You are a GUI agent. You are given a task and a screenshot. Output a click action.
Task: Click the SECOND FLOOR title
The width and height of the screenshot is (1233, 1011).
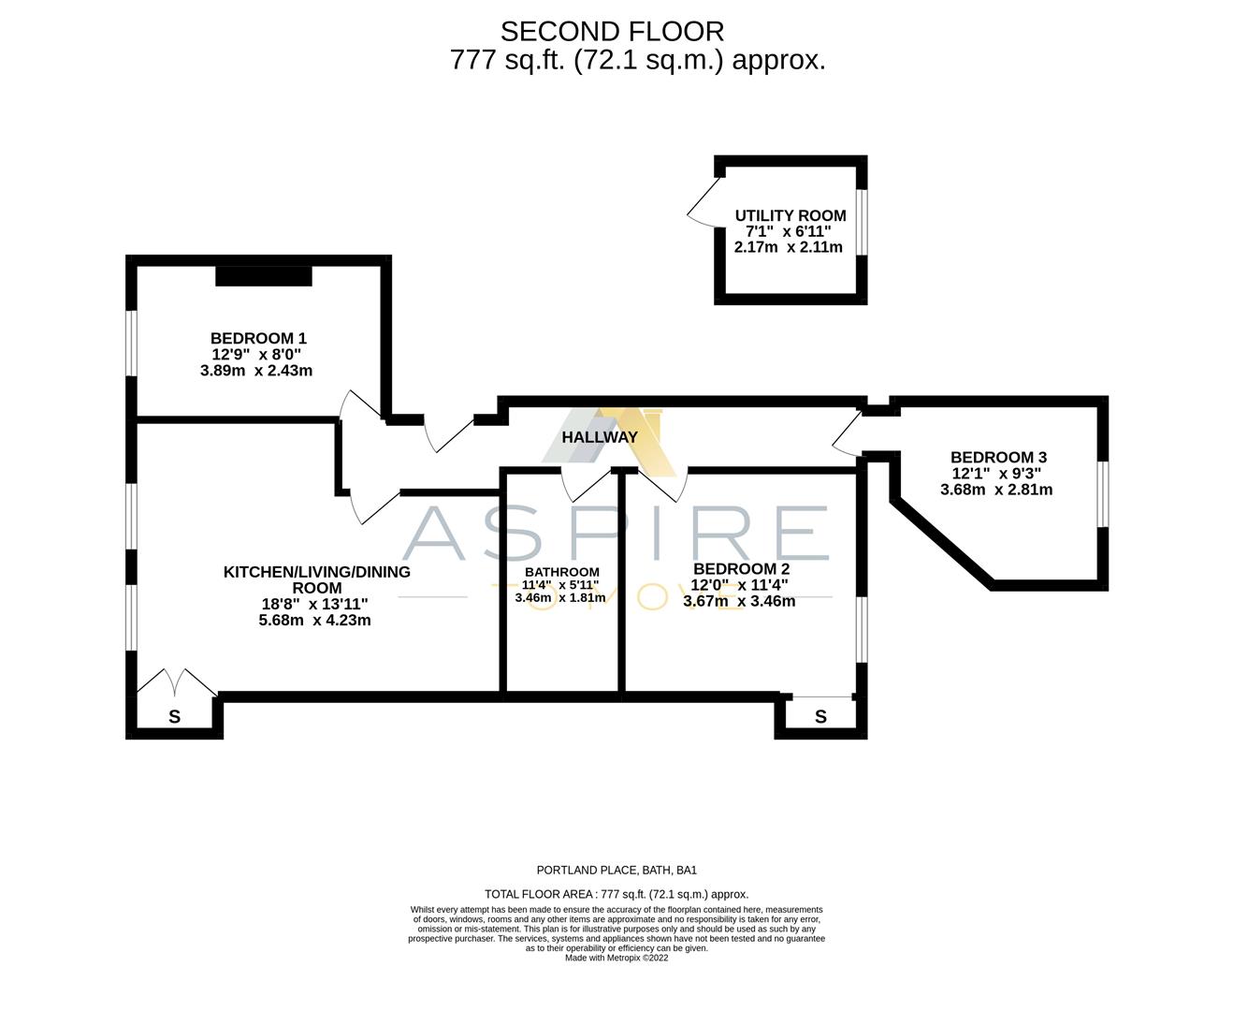[x=612, y=32]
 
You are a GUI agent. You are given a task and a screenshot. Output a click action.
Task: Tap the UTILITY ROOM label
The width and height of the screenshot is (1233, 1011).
[x=790, y=215]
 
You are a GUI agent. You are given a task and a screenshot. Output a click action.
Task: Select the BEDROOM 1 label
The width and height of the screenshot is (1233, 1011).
[x=258, y=338]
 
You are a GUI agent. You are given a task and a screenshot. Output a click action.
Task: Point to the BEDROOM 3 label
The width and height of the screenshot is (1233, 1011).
[x=998, y=457]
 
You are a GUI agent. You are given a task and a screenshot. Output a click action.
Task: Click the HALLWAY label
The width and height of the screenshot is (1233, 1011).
[x=600, y=437]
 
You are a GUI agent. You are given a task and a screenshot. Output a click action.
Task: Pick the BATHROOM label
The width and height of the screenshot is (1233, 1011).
[x=561, y=572]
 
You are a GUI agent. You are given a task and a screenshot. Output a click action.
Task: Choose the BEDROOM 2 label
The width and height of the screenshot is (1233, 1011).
[x=741, y=568]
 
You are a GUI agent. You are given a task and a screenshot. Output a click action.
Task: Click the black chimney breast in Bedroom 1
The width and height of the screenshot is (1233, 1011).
[x=263, y=276]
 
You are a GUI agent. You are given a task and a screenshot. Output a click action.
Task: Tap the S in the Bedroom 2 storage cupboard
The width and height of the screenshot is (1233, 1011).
[x=820, y=717]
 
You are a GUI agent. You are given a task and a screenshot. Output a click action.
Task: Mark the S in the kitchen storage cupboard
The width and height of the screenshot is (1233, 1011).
[x=174, y=718]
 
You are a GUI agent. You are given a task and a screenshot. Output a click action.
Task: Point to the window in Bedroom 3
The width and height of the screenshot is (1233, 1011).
[x=1103, y=493]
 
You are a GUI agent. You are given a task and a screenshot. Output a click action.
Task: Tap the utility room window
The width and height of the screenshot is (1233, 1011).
[x=862, y=222]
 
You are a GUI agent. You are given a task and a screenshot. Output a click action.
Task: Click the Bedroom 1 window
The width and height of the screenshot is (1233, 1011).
[x=132, y=343]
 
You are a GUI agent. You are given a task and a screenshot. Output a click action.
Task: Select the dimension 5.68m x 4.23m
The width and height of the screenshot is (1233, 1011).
[x=314, y=620]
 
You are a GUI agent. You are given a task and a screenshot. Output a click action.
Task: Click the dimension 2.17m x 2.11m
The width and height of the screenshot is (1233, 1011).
[x=788, y=247]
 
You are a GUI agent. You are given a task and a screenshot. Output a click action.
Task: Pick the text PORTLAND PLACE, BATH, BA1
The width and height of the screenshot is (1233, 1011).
[x=616, y=870]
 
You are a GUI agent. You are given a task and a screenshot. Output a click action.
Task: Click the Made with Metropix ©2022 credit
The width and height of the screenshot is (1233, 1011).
[x=616, y=958]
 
